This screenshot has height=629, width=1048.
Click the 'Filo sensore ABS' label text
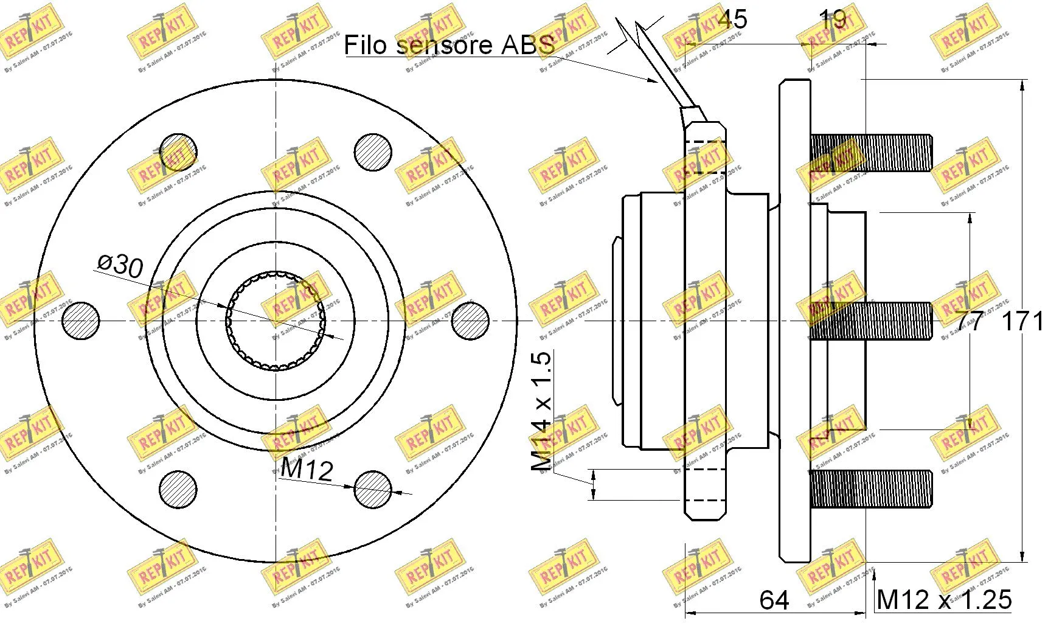pyautogui.click(x=449, y=44)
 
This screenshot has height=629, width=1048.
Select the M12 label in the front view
pyautogui.click(x=307, y=470)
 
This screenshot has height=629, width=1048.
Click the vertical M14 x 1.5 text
pyautogui.click(x=541, y=411)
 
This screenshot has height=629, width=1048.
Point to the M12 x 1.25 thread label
pyautogui.click(x=944, y=600)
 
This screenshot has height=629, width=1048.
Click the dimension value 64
pyautogui.click(x=774, y=600)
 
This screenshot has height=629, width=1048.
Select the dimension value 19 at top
pyautogui.click(x=833, y=19)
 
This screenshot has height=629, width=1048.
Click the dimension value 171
pyautogui.click(x=1024, y=321)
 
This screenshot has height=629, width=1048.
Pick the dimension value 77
pyautogui.click(x=969, y=321)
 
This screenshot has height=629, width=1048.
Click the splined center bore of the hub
pyautogui.click(x=276, y=321)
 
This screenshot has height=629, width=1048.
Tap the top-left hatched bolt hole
pyautogui.click(x=178, y=151)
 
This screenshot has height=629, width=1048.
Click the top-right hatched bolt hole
pyautogui.click(x=373, y=151)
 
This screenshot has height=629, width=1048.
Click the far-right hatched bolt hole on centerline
pyautogui.click(x=471, y=321)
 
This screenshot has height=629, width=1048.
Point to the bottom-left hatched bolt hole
pyautogui.click(x=178, y=490)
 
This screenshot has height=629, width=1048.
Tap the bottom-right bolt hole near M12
pyautogui.click(x=373, y=490)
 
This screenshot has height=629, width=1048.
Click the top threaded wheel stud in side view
pyautogui.click(x=870, y=153)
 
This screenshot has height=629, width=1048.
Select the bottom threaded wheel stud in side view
pyautogui.click(x=870, y=490)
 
